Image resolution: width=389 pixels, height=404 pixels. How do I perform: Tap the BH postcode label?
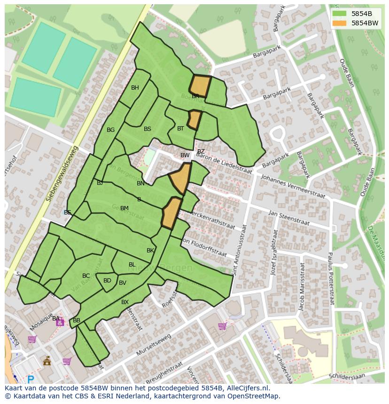135,88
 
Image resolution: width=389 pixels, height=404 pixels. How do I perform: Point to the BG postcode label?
110,130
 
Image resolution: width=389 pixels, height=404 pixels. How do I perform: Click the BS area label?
148,129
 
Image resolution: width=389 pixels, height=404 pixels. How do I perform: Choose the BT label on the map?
180,128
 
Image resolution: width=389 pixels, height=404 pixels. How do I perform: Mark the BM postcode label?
124,208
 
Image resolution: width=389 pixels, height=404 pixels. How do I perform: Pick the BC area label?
86,276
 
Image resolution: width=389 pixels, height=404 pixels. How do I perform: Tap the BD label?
107,281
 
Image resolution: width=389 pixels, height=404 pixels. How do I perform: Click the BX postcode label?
125,302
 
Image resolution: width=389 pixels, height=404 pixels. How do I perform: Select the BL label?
132,265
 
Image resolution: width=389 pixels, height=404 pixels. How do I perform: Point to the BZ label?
201,152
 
